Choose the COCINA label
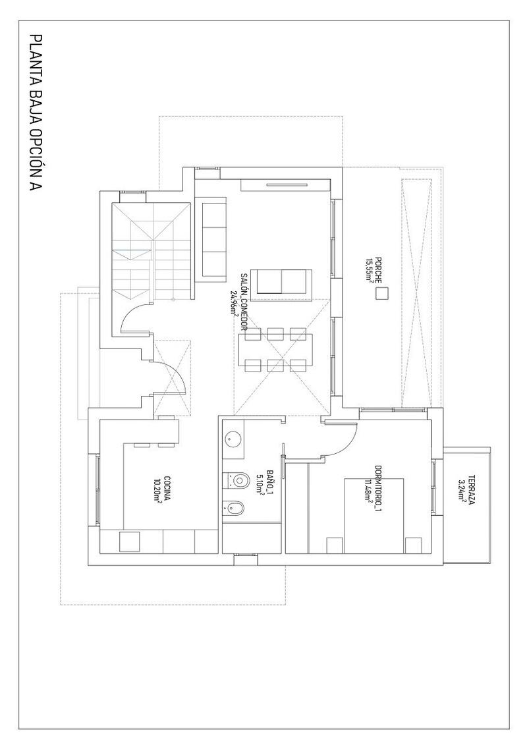[x=168, y=489]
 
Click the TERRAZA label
[x=471, y=491]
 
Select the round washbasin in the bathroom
[x=233, y=437]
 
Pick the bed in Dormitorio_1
[x=374, y=514]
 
